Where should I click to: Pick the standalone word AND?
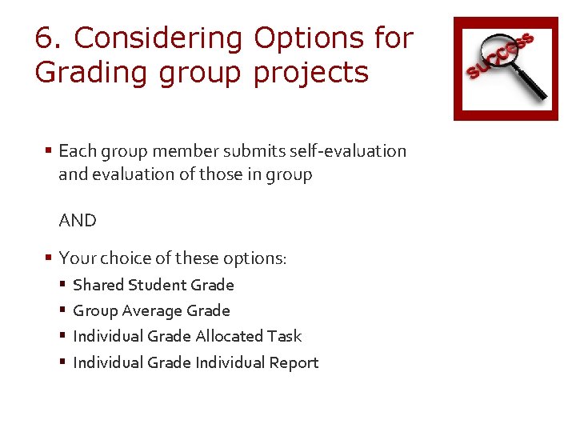78,220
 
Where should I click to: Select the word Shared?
98,285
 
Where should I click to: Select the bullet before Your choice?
49,258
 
